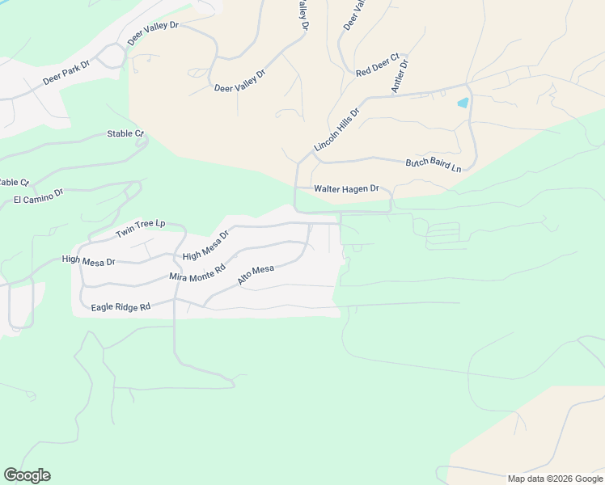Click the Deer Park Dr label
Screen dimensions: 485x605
pyautogui.click(x=66, y=70)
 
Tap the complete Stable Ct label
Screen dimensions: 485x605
pyautogui.click(x=125, y=133)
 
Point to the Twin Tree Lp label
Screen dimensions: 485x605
pyautogui.click(x=140, y=229)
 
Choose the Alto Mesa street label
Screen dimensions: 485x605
pyautogui.click(x=256, y=275)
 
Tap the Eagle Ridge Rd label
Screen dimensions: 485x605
pyautogui.click(x=121, y=307)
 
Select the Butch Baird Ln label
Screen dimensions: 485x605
pyautogui.click(x=433, y=165)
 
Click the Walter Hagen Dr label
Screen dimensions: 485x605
pyautogui.click(x=346, y=188)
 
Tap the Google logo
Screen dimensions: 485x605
pyautogui.click(x=27, y=475)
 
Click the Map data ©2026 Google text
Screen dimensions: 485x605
pyautogui.click(x=555, y=479)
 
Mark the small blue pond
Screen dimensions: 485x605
pyautogui.click(x=463, y=103)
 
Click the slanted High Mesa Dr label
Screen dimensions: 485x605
pyautogui.click(x=206, y=245)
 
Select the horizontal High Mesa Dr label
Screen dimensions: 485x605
pyautogui.click(x=89, y=261)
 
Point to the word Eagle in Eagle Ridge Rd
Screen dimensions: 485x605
pyautogui.click(x=104, y=307)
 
